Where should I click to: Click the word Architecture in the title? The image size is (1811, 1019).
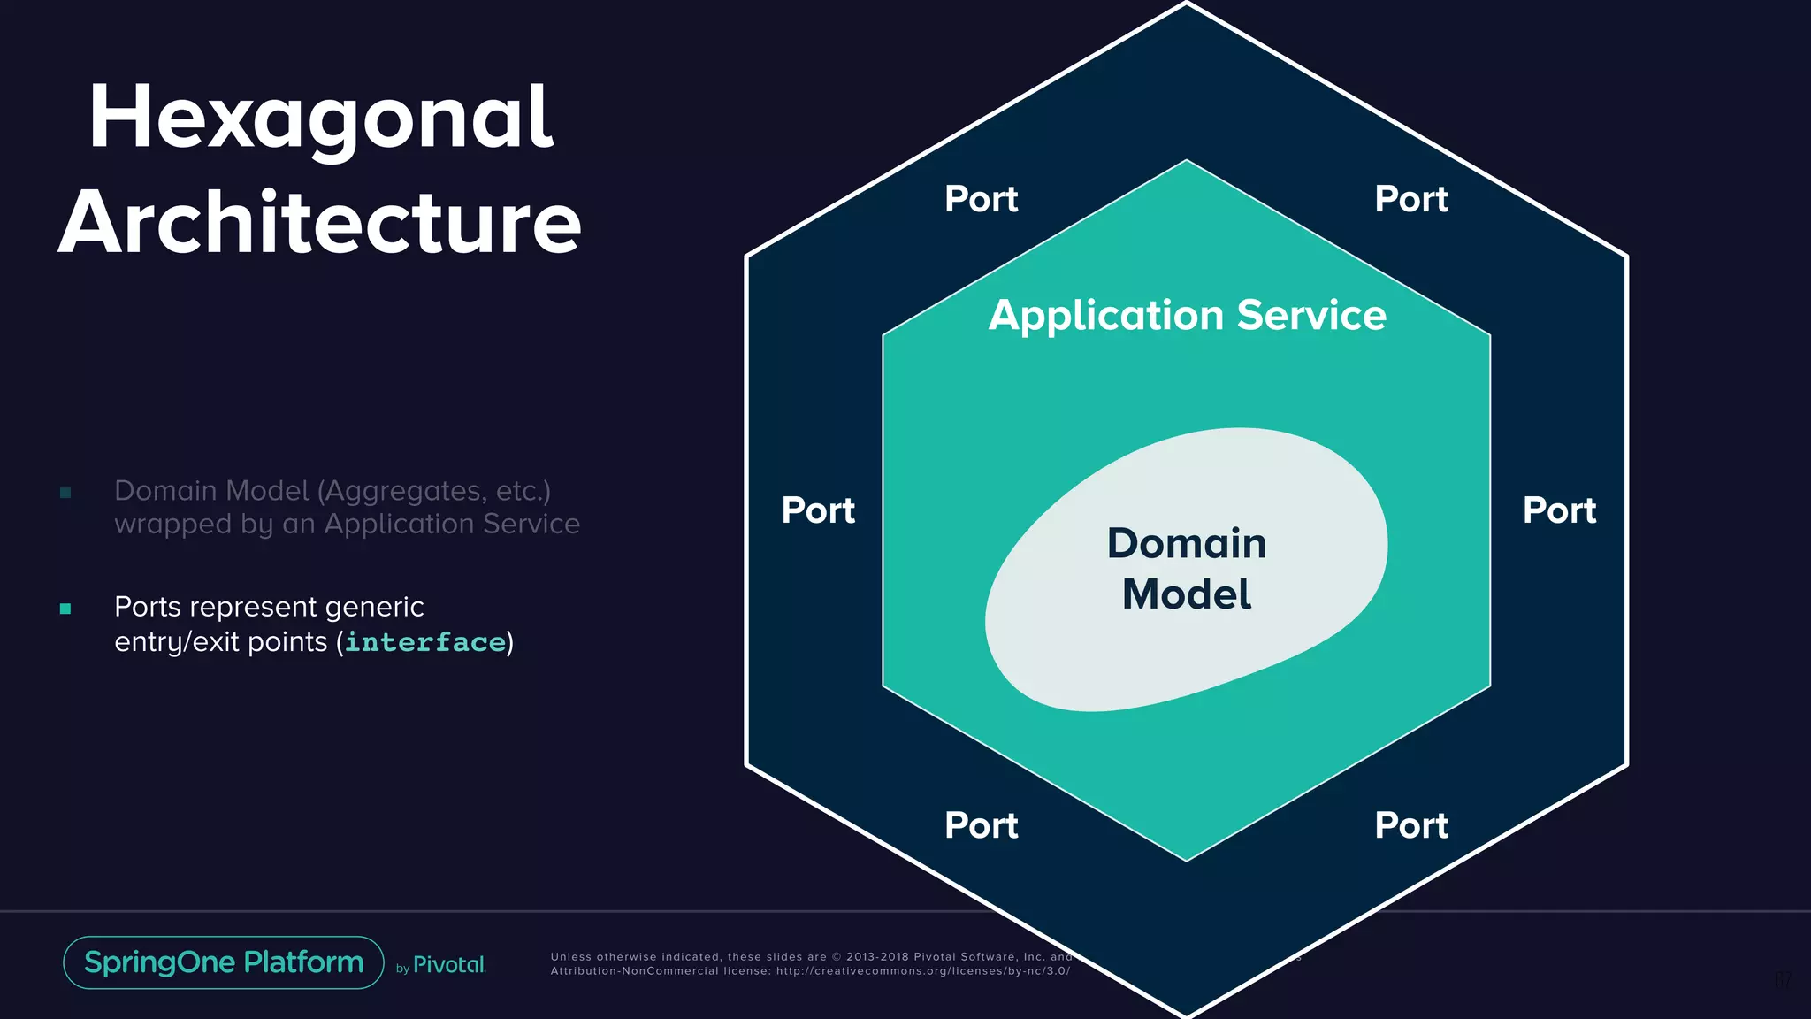320,223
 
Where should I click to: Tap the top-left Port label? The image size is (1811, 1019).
981,200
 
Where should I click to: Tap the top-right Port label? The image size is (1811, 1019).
1410,200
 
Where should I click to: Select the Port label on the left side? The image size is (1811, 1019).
818,511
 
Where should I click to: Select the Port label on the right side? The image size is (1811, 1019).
1559,511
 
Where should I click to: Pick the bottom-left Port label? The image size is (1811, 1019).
981,826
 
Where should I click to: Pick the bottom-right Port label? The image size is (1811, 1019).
1410,826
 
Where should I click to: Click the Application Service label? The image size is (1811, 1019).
1187,316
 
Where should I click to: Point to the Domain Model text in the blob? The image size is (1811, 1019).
1187,569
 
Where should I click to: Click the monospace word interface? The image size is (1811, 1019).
425,642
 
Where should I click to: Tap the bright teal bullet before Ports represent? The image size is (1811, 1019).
65,609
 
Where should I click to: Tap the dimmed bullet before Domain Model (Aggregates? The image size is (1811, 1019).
65,493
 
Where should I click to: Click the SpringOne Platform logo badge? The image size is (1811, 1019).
224,962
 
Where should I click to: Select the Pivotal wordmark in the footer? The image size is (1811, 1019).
449,965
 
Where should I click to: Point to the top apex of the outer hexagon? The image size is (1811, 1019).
1187,4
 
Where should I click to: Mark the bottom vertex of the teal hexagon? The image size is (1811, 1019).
1187,859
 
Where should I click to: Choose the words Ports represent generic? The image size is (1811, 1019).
269,607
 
